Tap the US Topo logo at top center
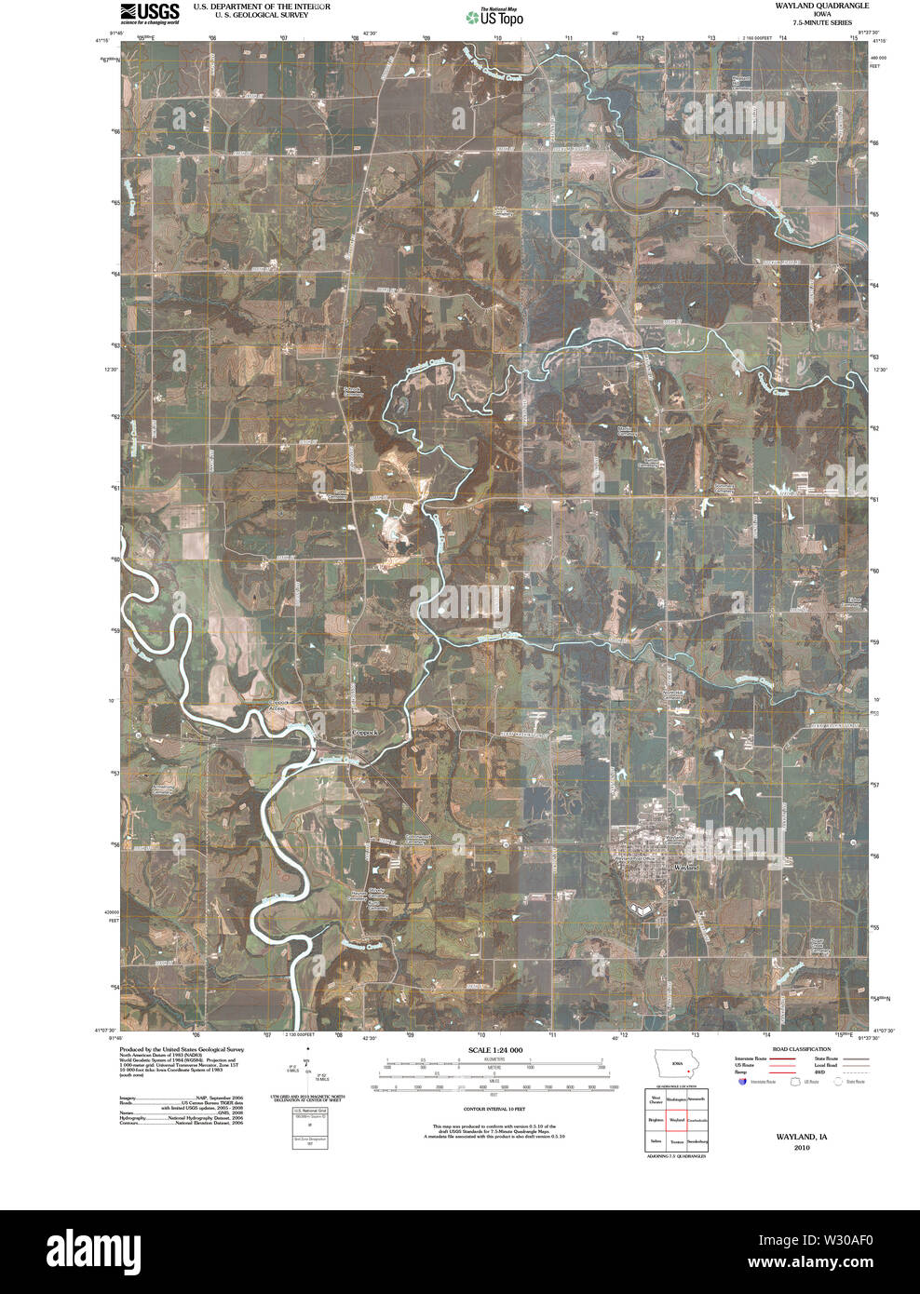pos(496,16)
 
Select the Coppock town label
pos(365,733)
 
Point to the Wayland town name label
pos(686,867)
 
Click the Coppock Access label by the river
pos(277,705)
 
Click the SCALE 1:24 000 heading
pos(494,1050)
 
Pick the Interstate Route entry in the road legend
pos(751,1059)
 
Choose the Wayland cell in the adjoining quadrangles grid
pos(676,1120)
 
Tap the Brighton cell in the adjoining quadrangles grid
pos(656,1120)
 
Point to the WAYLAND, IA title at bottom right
pos(801,1138)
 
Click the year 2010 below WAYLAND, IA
pos(801,1148)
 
